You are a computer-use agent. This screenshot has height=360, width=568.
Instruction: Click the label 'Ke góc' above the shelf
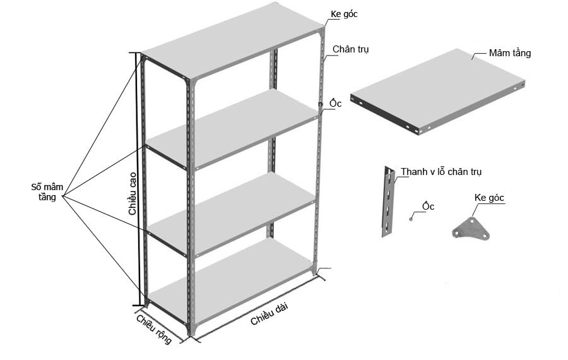click(344, 14)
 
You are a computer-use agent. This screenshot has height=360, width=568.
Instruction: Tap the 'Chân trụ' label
click(351, 49)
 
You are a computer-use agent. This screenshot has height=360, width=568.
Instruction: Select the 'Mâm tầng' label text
click(510, 53)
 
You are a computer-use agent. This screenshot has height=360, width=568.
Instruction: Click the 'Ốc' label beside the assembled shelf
click(336, 103)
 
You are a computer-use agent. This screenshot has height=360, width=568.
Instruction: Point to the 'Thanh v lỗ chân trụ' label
click(441, 172)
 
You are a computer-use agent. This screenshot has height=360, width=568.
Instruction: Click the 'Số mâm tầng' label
click(47, 192)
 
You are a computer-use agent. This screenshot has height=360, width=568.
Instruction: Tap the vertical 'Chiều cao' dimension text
click(133, 193)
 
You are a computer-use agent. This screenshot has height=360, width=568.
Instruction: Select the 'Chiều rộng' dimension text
click(154, 329)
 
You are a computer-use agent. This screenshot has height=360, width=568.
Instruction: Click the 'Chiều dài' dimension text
click(269, 314)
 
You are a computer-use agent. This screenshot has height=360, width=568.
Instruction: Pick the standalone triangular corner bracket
click(471, 228)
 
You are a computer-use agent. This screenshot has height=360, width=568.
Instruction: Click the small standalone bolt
click(411, 219)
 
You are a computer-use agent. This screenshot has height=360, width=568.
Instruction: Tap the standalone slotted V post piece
click(388, 201)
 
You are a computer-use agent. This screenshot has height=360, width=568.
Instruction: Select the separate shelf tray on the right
click(437, 92)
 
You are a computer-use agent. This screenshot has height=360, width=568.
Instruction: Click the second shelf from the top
click(232, 129)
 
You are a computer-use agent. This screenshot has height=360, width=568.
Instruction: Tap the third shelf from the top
click(231, 214)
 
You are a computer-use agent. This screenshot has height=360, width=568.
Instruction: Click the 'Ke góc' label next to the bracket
click(489, 198)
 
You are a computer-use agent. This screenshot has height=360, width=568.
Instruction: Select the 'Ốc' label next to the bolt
click(428, 206)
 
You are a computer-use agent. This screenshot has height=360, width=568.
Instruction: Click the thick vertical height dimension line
click(138, 179)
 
